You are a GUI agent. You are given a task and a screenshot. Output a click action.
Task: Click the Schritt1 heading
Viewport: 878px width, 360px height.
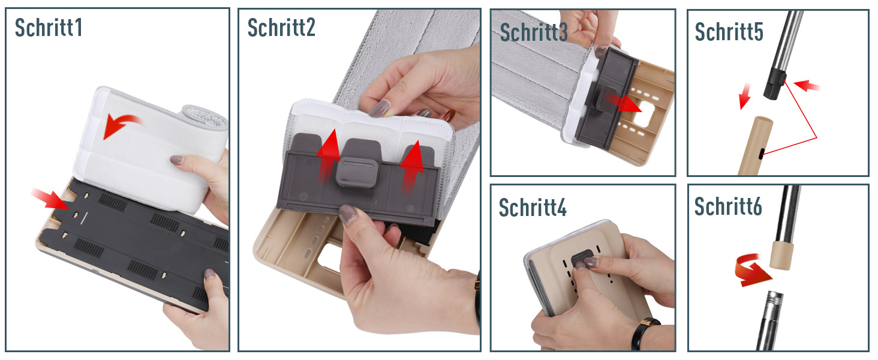click(x=49, y=28)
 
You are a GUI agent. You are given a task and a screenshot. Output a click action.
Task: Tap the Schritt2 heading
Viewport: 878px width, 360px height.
click(x=281, y=28)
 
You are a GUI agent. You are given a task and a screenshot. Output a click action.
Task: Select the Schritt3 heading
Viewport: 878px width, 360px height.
click(x=534, y=32)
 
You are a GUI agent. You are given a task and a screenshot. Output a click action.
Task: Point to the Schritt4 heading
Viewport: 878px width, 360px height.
click(x=533, y=207)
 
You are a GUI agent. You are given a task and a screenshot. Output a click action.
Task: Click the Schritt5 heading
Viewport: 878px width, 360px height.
click(x=729, y=31)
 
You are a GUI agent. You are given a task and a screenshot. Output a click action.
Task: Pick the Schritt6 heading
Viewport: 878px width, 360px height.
click(x=728, y=206)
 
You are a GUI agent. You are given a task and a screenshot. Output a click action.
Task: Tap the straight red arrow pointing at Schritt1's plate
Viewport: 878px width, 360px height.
click(x=51, y=199)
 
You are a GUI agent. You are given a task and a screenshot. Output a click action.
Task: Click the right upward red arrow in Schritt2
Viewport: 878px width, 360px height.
click(x=411, y=167)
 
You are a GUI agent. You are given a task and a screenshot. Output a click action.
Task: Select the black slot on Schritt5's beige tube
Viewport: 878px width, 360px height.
click(x=761, y=154)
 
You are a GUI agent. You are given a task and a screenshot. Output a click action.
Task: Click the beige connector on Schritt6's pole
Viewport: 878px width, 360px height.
click(x=782, y=255)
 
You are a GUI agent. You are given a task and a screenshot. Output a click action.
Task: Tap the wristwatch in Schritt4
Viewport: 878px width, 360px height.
click(x=643, y=334)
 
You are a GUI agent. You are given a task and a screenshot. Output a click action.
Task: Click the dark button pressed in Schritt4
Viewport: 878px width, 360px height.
click(x=582, y=258)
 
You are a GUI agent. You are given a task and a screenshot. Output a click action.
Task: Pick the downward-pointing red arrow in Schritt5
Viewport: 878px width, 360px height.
click(x=745, y=96)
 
